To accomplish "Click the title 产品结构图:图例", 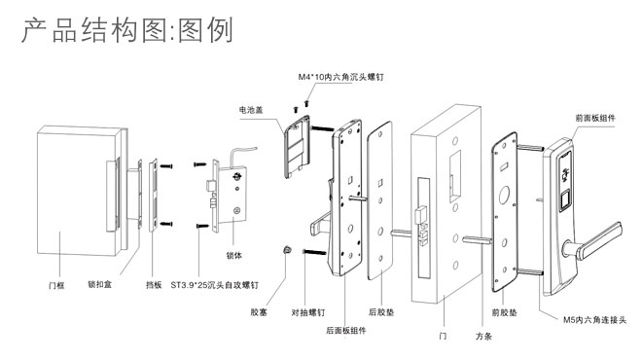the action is pos(127,30).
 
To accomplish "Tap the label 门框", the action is pos(56,285).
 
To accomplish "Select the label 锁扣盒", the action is pos(100,284).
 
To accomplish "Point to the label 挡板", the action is pos(154,285).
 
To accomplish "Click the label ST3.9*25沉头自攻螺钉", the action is pos(215,285).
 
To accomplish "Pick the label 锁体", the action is pos(234,256).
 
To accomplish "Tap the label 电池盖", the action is pos(251,110).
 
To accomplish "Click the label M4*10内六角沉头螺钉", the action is pos(341,77).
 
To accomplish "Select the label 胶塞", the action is pos(259,312).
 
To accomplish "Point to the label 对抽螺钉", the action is pos(308,312).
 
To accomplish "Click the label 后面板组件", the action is pos(346,331).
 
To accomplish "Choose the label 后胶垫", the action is pos(381,312).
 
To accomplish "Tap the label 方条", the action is pos(483,337).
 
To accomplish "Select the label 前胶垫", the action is pos(505,312).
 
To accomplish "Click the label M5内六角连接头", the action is pos(595,320).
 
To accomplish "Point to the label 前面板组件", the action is pos(595,118).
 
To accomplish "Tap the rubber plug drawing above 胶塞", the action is pos(288,249).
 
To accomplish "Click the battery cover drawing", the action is pos(297,147).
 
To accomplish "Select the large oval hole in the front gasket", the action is pos(504,196).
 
